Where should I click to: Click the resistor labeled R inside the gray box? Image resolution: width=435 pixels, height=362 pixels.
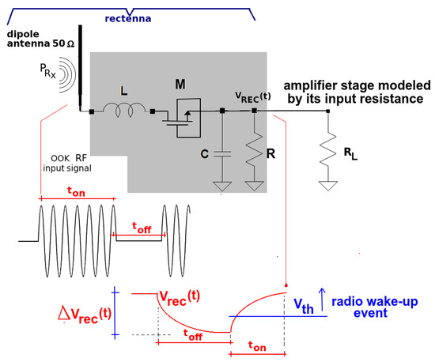tap(254, 151)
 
